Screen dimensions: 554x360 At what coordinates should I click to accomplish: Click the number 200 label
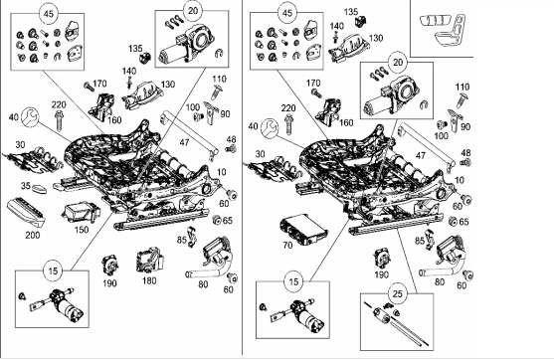pos(33,235)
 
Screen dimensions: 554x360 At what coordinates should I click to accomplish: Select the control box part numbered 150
pos(82,213)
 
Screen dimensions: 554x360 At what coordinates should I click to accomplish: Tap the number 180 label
pos(149,280)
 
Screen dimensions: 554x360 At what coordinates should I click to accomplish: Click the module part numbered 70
pos(303,230)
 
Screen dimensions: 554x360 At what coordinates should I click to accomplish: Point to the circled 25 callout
pos(398,293)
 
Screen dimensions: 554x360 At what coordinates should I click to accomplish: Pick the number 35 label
pos(26,186)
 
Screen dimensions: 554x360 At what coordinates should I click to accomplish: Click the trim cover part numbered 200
pos(26,213)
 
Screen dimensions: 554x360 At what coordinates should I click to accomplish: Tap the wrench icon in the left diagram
pos(30,117)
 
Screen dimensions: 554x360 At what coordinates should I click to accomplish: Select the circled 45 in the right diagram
pos(287,13)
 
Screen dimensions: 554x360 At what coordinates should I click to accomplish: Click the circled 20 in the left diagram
pos(193,11)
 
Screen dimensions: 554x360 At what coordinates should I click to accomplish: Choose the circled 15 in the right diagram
pos(293,281)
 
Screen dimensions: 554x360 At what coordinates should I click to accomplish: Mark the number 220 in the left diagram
pos(59,105)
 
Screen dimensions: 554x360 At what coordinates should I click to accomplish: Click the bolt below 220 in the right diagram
pos(289,124)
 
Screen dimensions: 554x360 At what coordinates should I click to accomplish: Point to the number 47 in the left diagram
pos(184,142)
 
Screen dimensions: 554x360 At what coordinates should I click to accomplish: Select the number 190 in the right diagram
pos(381,274)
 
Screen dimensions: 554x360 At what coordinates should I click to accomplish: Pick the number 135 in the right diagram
pos(351,12)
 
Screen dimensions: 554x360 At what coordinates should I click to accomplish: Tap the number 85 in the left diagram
pos(182,240)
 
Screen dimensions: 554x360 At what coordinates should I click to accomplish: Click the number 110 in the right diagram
pos(462,87)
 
